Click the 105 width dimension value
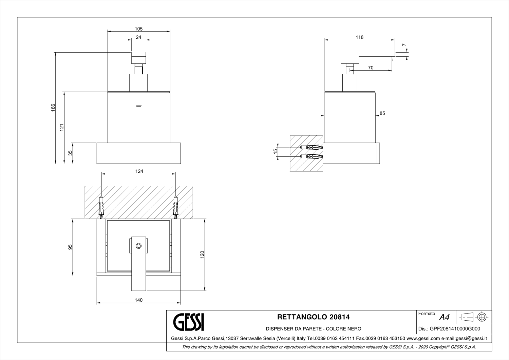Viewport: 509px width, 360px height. click(x=138, y=29)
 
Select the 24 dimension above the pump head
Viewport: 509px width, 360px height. click(x=138, y=37)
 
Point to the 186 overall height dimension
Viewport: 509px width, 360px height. click(x=53, y=108)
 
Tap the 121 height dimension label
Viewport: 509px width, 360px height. click(x=61, y=128)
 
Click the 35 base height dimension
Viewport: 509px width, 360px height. click(x=70, y=153)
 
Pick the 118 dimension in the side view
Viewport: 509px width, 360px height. click(x=359, y=37)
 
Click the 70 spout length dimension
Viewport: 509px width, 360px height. click(x=371, y=68)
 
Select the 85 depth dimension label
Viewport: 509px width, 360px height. click(x=382, y=113)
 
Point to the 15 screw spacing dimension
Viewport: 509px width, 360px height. click(x=276, y=151)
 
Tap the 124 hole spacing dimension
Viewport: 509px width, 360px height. click(x=139, y=171)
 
